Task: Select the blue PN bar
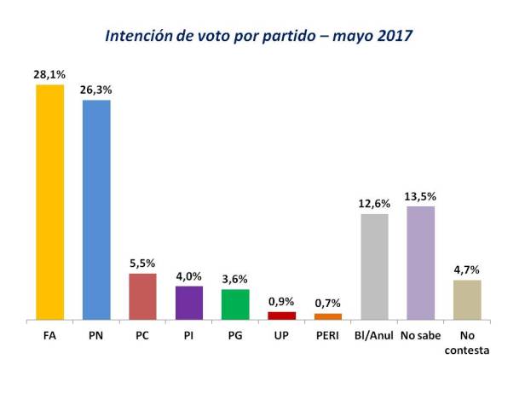pyautogui.click(x=96, y=210)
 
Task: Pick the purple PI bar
pyautogui.click(x=189, y=302)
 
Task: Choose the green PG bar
pyautogui.click(x=235, y=304)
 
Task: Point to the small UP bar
pyautogui.click(x=281, y=316)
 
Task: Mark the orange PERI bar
pyautogui.click(x=328, y=316)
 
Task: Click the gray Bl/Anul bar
pyautogui.click(x=375, y=266)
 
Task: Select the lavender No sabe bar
pyautogui.click(x=421, y=263)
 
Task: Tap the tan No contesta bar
pyautogui.click(x=468, y=299)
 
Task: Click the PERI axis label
pyautogui.click(x=328, y=334)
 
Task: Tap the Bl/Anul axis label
pyautogui.click(x=375, y=334)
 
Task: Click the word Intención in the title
pyautogui.click(x=140, y=37)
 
